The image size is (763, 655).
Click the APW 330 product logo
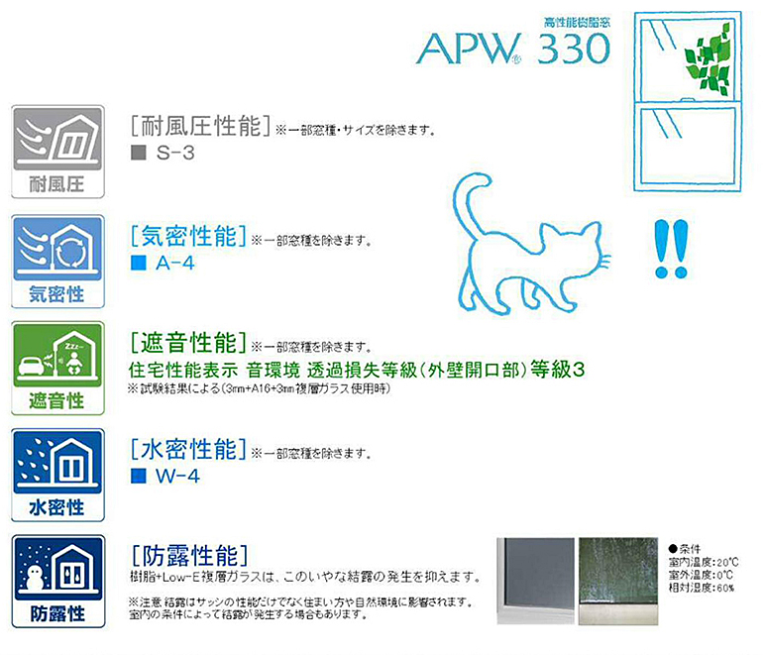pyautogui.click(x=513, y=49)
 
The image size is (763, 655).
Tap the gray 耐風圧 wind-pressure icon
pyautogui.click(x=57, y=152)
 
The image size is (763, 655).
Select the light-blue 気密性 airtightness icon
pyautogui.click(x=57, y=262)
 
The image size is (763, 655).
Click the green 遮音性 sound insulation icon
pyautogui.click(x=57, y=368)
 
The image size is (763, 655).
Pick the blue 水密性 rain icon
pyautogui.click(x=57, y=475)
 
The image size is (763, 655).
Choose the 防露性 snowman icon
pyautogui.click(x=57, y=581)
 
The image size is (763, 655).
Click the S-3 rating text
pyautogui.click(x=175, y=153)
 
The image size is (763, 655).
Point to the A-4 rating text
pyautogui.click(x=175, y=264)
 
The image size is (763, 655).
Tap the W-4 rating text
pyautogui.click(x=177, y=476)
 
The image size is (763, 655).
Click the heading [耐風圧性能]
pyautogui.click(x=200, y=126)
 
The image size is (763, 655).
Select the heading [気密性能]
pyautogui.click(x=188, y=236)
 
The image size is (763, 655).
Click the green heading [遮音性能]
pyautogui.click(x=188, y=343)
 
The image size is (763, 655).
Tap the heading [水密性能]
pyautogui.click(x=188, y=449)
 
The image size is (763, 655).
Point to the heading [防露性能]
pyautogui.click(x=190, y=556)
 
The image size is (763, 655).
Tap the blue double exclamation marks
pyautogui.click(x=671, y=249)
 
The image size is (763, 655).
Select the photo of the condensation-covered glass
pyautogui.click(x=618, y=581)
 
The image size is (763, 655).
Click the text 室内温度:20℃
pyautogui.click(x=704, y=563)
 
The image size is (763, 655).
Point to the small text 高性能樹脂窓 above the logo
pyautogui.click(x=577, y=22)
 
